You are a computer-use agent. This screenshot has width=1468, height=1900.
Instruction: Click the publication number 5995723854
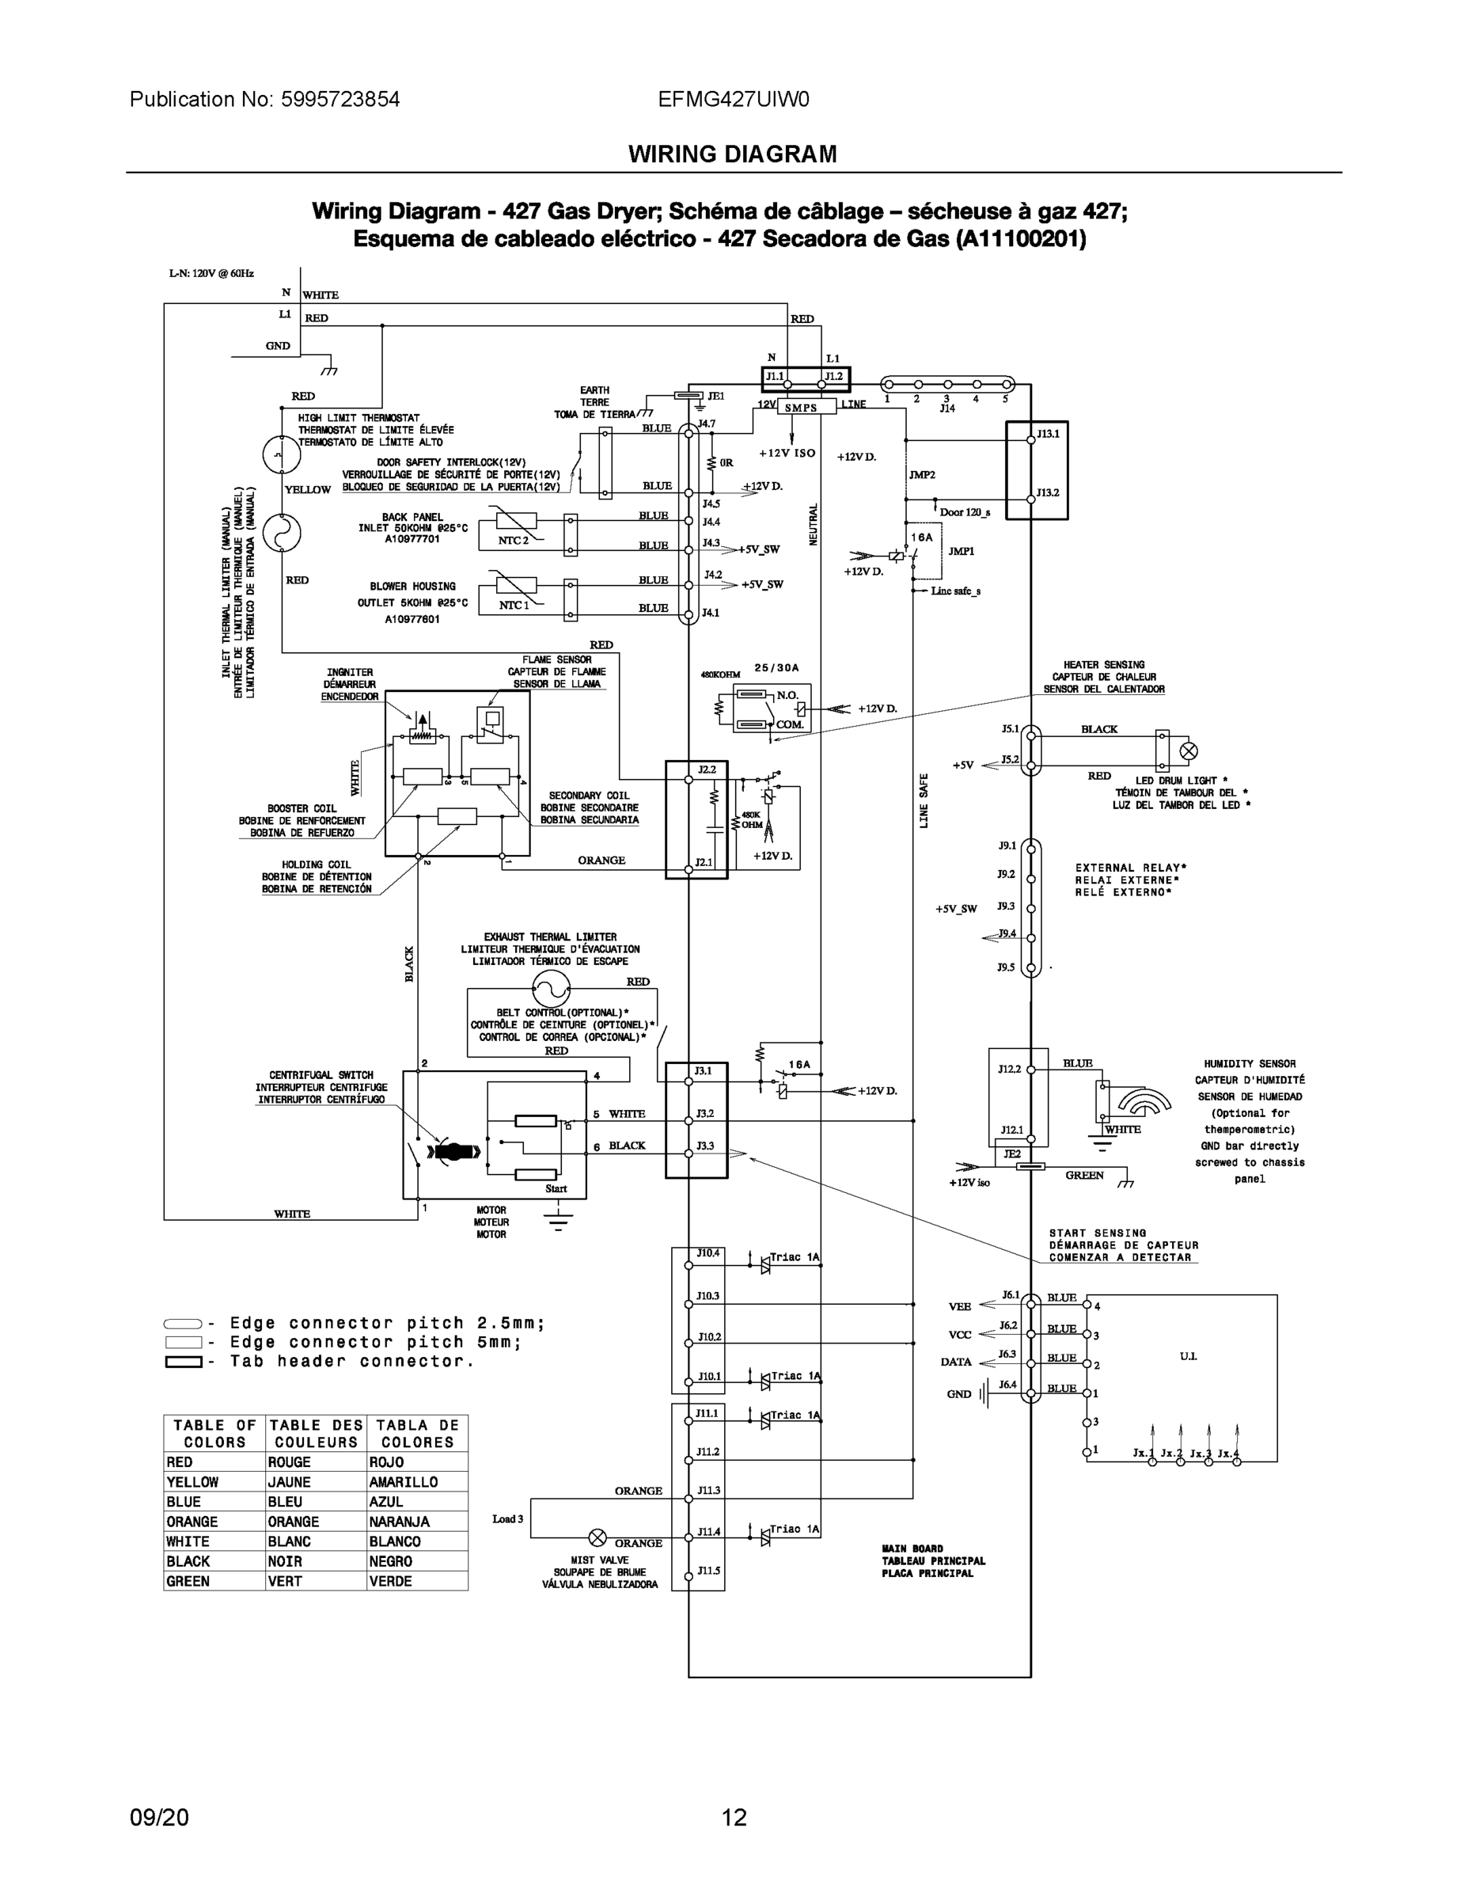click(340, 99)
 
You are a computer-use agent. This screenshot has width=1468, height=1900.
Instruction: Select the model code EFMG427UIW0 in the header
click(733, 99)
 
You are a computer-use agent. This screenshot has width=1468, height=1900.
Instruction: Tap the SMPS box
click(801, 407)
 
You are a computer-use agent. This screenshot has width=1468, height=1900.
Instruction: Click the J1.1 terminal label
click(774, 377)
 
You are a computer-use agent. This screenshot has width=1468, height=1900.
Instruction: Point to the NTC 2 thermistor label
click(513, 540)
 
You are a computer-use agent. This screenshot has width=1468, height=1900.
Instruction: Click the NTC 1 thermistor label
click(513, 605)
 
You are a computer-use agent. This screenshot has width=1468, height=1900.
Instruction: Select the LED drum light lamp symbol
click(1188, 750)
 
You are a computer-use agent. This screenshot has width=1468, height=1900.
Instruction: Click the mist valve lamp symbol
click(597, 1537)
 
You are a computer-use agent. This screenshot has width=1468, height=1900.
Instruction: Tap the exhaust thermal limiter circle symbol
click(552, 988)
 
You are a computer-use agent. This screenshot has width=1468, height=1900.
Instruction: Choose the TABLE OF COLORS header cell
click(214, 1433)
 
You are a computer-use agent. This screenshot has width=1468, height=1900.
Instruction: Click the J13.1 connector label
click(1048, 433)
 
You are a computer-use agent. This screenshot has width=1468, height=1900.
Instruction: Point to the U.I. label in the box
click(1188, 1356)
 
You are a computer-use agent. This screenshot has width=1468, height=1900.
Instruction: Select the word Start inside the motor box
click(556, 1188)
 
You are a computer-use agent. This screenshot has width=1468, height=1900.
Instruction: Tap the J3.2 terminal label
click(704, 1114)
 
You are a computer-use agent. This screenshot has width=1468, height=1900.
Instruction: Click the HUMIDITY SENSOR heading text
click(1249, 1063)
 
